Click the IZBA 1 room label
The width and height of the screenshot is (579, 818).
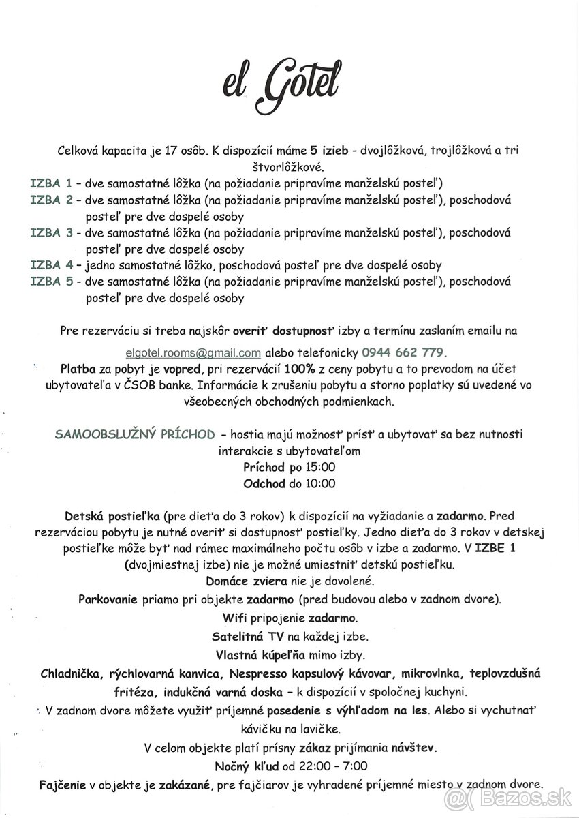point(51,183)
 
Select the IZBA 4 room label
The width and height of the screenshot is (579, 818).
point(51,265)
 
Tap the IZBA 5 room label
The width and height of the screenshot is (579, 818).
point(51,282)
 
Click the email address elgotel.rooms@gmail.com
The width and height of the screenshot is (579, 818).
point(193,352)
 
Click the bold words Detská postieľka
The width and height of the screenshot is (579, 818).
point(112,517)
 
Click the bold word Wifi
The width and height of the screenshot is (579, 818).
point(234,618)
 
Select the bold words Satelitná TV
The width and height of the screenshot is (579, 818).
point(247,637)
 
